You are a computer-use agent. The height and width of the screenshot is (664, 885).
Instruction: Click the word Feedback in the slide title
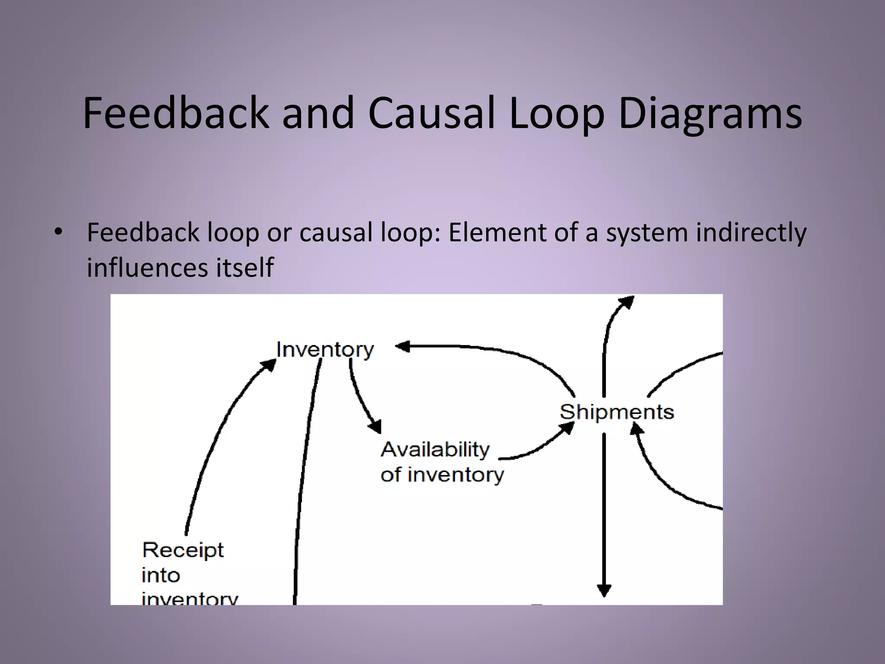[x=175, y=113]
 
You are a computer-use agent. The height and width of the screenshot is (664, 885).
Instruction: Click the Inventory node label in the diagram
[x=325, y=349]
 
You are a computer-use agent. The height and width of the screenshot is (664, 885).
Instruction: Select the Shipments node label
[x=617, y=412]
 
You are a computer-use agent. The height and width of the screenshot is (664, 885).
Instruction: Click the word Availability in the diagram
[x=435, y=450]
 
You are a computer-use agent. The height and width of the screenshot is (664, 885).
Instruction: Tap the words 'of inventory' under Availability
[x=442, y=475]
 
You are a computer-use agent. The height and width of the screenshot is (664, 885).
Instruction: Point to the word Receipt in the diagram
[x=183, y=550]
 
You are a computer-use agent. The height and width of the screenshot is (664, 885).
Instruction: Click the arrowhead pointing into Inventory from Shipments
[x=402, y=347]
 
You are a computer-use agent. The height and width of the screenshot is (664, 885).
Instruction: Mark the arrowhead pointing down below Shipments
[x=604, y=591]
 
